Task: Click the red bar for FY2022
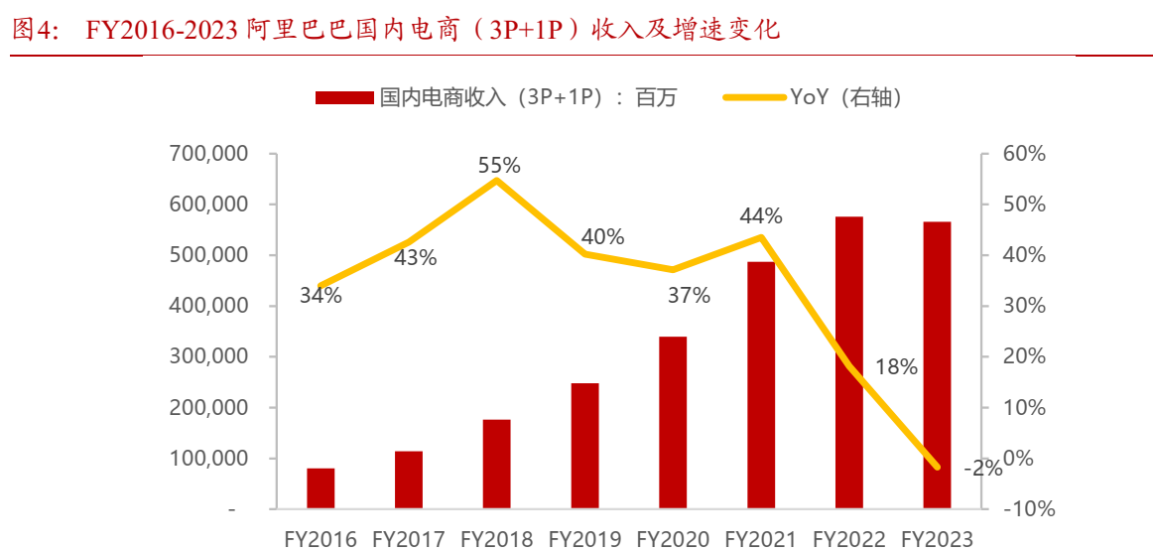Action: (x=848, y=362)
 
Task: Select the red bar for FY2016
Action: (x=320, y=488)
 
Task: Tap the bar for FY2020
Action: (x=673, y=423)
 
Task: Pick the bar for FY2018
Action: (x=497, y=464)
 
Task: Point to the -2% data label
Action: (x=982, y=469)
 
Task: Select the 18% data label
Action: (x=896, y=367)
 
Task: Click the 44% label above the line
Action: (x=761, y=215)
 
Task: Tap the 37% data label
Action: (x=689, y=295)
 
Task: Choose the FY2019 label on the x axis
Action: (x=584, y=539)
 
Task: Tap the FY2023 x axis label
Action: (x=938, y=539)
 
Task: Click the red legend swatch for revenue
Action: (x=344, y=97)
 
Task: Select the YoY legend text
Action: (x=845, y=97)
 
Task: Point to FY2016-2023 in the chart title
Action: (x=164, y=30)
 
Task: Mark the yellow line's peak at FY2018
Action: (x=498, y=180)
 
